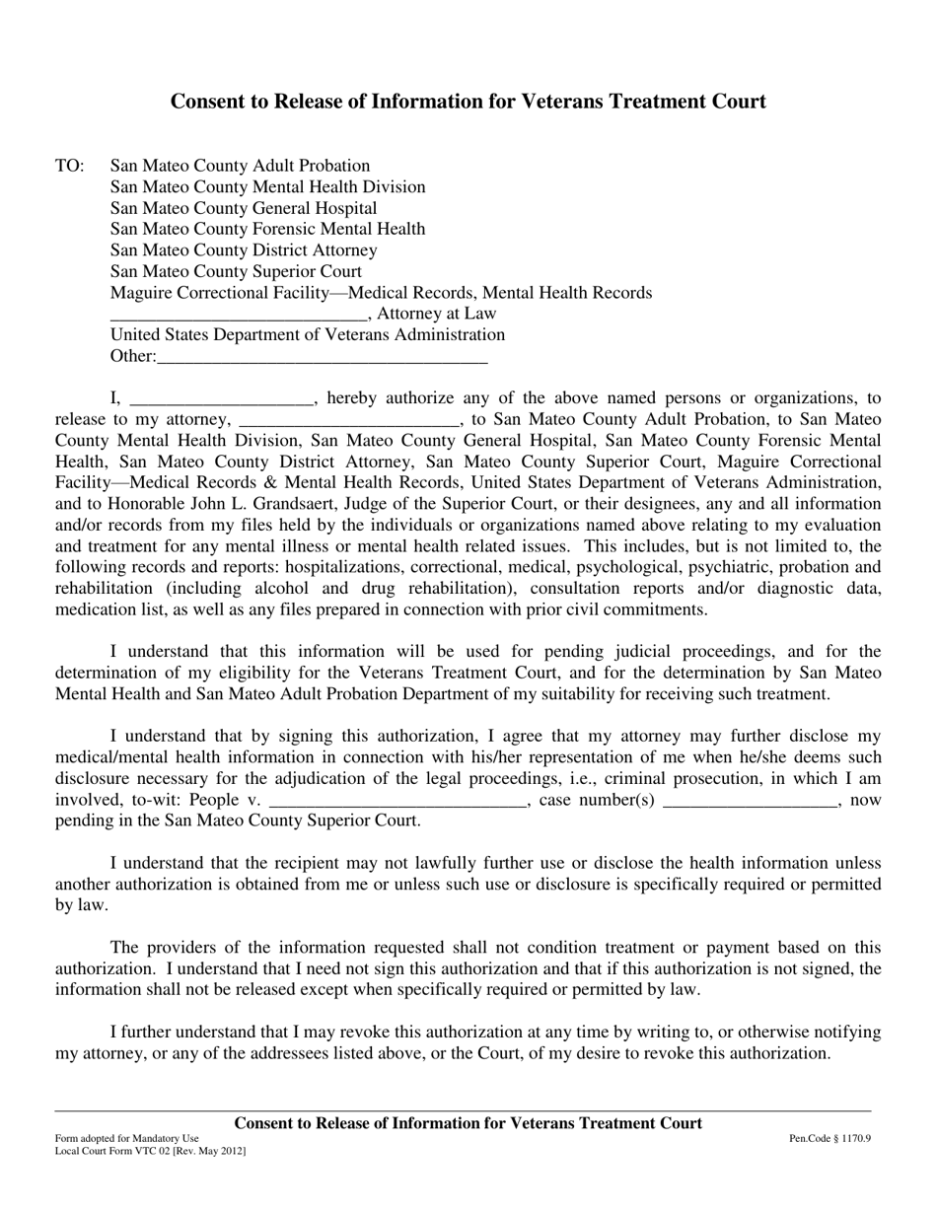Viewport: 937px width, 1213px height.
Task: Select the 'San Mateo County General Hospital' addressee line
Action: click(x=244, y=208)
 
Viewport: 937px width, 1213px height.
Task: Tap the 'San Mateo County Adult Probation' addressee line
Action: click(x=240, y=166)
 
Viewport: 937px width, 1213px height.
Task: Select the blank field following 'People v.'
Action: click(x=397, y=801)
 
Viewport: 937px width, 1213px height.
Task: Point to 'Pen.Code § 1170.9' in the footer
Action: click(x=829, y=1138)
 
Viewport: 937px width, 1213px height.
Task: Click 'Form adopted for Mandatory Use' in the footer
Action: click(x=127, y=1138)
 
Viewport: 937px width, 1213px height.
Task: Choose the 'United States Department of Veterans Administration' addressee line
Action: click(x=308, y=334)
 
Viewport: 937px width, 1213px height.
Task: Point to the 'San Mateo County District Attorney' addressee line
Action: click(x=244, y=250)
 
